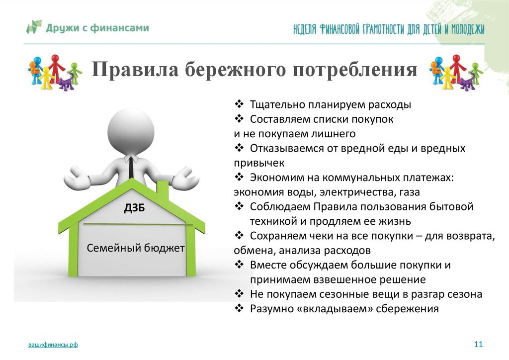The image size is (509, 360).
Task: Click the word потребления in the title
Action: point(355,69)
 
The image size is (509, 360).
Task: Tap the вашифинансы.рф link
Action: point(53,345)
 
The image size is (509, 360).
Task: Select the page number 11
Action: point(479,344)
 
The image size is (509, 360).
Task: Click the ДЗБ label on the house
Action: point(134,208)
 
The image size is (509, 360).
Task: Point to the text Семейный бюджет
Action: point(136,248)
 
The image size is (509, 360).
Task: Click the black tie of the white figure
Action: point(131,167)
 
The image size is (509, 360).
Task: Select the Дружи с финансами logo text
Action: point(97,28)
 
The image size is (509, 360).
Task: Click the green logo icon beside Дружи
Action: point(34,27)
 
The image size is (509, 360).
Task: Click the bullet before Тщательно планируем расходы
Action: point(239,104)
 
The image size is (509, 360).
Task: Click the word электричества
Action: point(357,192)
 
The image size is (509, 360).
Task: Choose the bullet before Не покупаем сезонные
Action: point(239,294)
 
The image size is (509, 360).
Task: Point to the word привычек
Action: point(259,163)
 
